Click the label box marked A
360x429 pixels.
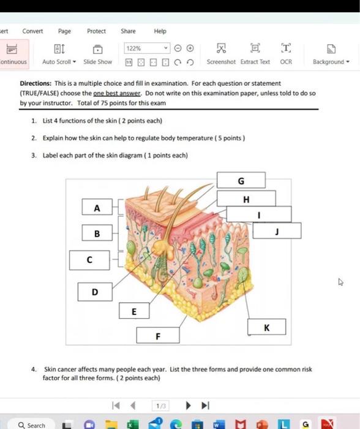pyautogui.click(x=97, y=207)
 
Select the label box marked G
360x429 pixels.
pyautogui.click(x=241, y=180)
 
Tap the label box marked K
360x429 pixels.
pyautogui.click(x=267, y=327)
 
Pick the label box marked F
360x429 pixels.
pyautogui.click(x=158, y=335)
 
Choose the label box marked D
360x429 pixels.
pyautogui.click(x=95, y=292)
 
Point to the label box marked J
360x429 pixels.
pyautogui.click(x=277, y=230)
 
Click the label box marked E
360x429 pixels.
pyautogui.click(x=134, y=311)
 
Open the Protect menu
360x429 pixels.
pyautogui.click(x=96, y=31)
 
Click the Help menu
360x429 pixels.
pyautogui.click(x=160, y=31)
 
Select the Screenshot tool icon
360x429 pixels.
pyautogui.click(x=221, y=48)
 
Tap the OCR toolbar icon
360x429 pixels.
pyautogui.click(x=286, y=48)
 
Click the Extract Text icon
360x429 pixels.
pyautogui.click(x=255, y=48)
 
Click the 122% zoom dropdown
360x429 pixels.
pyautogui.click(x=147, y=48)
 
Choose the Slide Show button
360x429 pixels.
pyautogui.click(x=97, y=54)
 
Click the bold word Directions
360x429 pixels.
pyautogui.click(x=36, y=83)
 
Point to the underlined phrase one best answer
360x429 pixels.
pyautogui.click(x=117, y=93)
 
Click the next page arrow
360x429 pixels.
pyautogui.click(x=188, y=405)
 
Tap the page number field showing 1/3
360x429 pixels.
pyautogui.click(x=161, y=406)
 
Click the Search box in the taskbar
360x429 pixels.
pyautogui.click(x=31, y=425)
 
